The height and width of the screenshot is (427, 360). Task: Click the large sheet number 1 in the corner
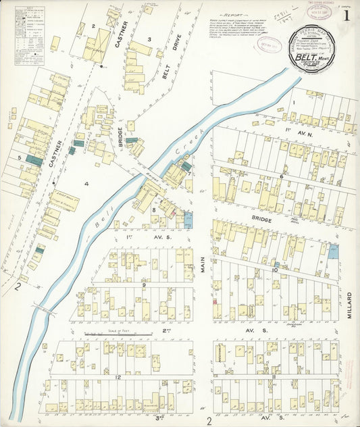pyautogui.click(x=346, y=16)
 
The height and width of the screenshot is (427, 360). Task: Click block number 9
pyautogui.click(x=144, y=284)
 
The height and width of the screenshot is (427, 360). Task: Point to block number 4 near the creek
pyautogui.click(x=86, y=183)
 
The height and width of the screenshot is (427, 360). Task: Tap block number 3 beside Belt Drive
pyautogui.click(x=149, y=40)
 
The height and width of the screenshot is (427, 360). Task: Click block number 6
pyautogui.click(x=281, y=176)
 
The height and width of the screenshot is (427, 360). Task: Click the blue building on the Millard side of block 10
pyautogui.click(x=334, y=249)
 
